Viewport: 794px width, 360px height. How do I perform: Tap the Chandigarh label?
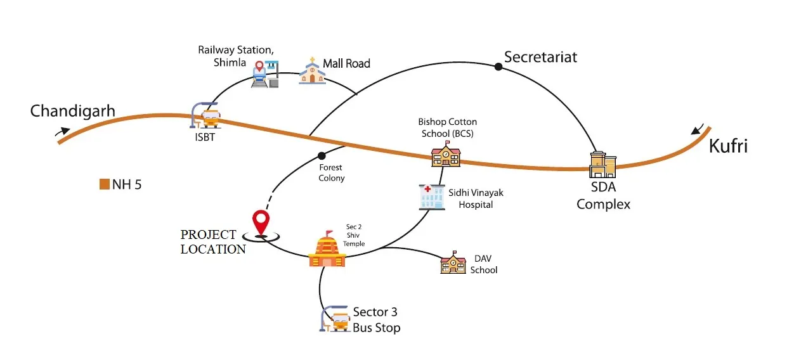pyautogui.click(x=73, y=112)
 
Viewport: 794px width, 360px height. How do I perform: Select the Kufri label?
pyautogui.click(x=729, y=146)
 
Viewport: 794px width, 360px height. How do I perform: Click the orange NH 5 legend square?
pyautogui.click(x=105, y=185)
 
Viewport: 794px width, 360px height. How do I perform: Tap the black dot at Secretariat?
pyautogui.click(x=498, y=66)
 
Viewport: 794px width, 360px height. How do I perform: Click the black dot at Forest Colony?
pyautogui.click(x=322, y=156)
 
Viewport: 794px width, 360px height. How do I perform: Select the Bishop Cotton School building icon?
pyautogui.click(x=446, y=155)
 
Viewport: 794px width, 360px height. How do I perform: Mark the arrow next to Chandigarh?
pyautogui.click(x=63, y=131)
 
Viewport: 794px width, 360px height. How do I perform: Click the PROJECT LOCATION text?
pyautogui.click(x=212, y=241)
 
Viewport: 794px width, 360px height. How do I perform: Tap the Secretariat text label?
pyautogui.click(x=540, y=57)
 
